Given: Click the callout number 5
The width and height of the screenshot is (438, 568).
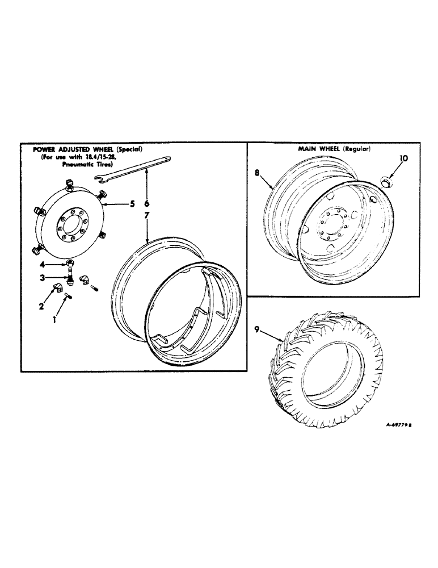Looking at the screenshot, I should (x=132, y=204).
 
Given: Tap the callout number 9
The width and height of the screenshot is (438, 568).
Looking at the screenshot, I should (x=258, y=329).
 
